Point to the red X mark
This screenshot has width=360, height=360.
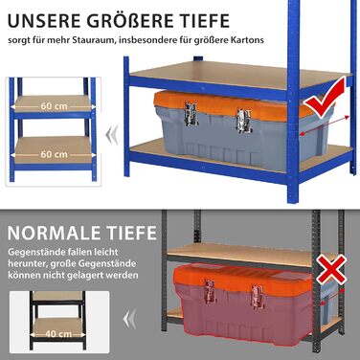pos(331,269)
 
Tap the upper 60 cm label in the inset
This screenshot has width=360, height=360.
pos(54,106)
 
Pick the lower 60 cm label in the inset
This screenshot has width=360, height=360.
pos(54,154)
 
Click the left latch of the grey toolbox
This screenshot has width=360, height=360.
pos(191,114)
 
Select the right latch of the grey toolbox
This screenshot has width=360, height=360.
pos(244,121)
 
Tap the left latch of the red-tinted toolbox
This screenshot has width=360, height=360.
pos(210,291)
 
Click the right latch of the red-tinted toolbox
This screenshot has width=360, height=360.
pos(257,297)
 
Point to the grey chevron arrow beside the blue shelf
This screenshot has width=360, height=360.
pos(111,134)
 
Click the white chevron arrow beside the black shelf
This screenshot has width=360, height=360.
pos(129,319)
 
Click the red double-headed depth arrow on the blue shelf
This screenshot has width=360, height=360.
pos(325,125)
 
